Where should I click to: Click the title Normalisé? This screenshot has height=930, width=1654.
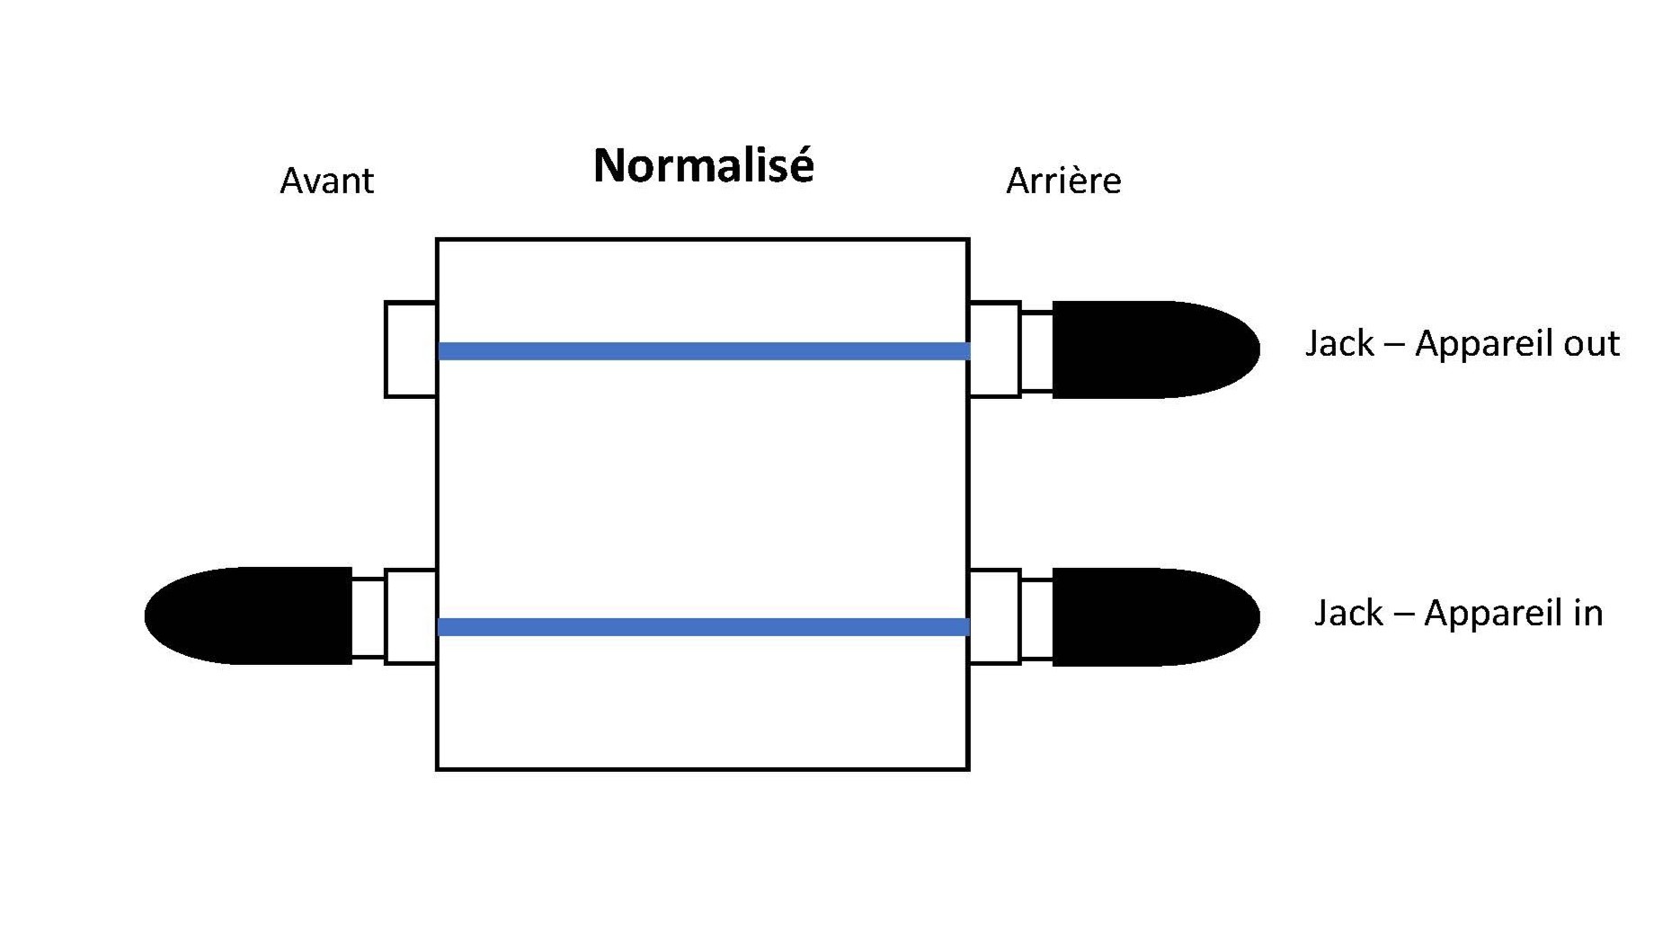(x=704, y=165)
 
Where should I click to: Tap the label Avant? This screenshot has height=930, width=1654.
(x=326, y=182)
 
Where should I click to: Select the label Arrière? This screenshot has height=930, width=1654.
(x=1063, y=182)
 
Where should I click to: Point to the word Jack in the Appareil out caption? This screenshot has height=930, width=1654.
(x=1339, y=344)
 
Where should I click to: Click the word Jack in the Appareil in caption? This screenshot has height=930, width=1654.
(x=1348, y=613)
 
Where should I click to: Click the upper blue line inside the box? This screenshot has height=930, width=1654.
(x=704, y=351)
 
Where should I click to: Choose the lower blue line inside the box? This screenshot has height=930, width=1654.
(x=704, y=627)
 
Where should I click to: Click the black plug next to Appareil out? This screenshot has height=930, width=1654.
(x=1156, y=350)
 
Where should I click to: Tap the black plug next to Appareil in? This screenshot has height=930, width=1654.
(x=1156, y=616)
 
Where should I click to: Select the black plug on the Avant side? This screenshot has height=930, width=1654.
(x=248, y=616)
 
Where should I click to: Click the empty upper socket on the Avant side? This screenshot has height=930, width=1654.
(x=411, y=350)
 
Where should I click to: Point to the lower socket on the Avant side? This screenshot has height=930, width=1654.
(x=411, y=616)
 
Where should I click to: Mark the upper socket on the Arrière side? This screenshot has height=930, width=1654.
(x=994, y=350)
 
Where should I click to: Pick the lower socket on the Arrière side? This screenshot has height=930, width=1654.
(x=994, y=616)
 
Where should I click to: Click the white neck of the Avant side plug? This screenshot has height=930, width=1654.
(x=369, y=617)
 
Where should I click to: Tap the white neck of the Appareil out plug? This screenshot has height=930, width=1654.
(x=1036, y=351)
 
